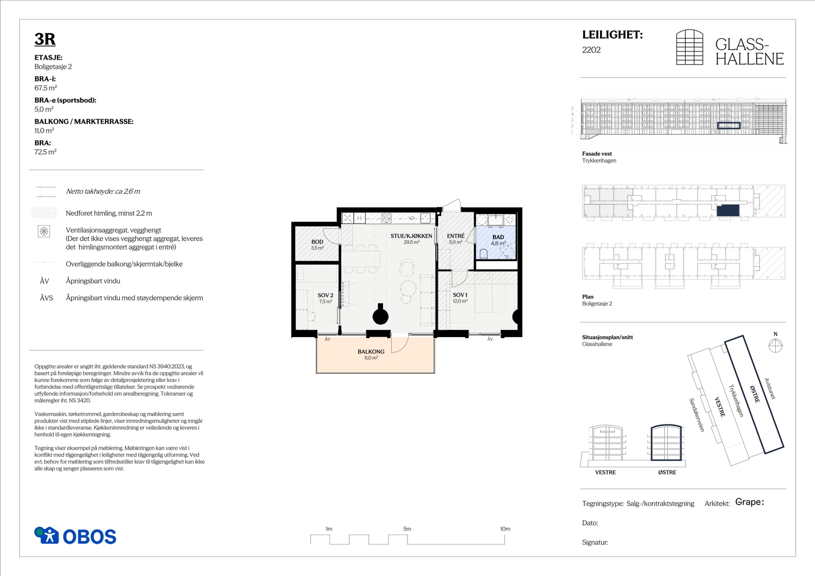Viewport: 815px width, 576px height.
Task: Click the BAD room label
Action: [x=498, y=237]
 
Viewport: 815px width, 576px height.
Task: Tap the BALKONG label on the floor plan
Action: [x=371, y=351]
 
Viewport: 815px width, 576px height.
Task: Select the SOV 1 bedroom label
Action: [x=460, y=295]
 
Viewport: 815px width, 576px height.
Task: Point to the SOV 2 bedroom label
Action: [x=325, y=295]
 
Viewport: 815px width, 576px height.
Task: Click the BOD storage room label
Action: [x=317, y=241]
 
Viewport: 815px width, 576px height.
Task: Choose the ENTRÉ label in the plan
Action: [x=455, y=236]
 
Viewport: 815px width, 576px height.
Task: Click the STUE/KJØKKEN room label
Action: [x=411, y=236]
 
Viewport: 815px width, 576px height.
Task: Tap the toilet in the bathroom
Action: [x=483, y=254]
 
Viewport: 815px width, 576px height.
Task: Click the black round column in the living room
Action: [x=381, y=315]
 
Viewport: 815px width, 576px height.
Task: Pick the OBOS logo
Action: [x=75, y=536]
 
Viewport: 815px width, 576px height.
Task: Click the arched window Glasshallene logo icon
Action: [x=690, y=47]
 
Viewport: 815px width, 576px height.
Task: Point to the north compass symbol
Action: [x=775, y=345]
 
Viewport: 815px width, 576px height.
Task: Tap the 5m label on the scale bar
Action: [x=407, y=529]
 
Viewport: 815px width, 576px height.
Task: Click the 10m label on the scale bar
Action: [x=505, y=529]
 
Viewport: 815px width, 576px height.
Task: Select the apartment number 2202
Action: [x=591, y=50]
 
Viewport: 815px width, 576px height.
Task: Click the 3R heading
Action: [x=45, y=39]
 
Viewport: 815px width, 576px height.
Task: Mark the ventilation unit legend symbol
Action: [x=44, y=231]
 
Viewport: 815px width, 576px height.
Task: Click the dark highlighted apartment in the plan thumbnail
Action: [x=728, y=210]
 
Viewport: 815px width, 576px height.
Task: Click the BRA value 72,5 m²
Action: [x=45, y=152]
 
